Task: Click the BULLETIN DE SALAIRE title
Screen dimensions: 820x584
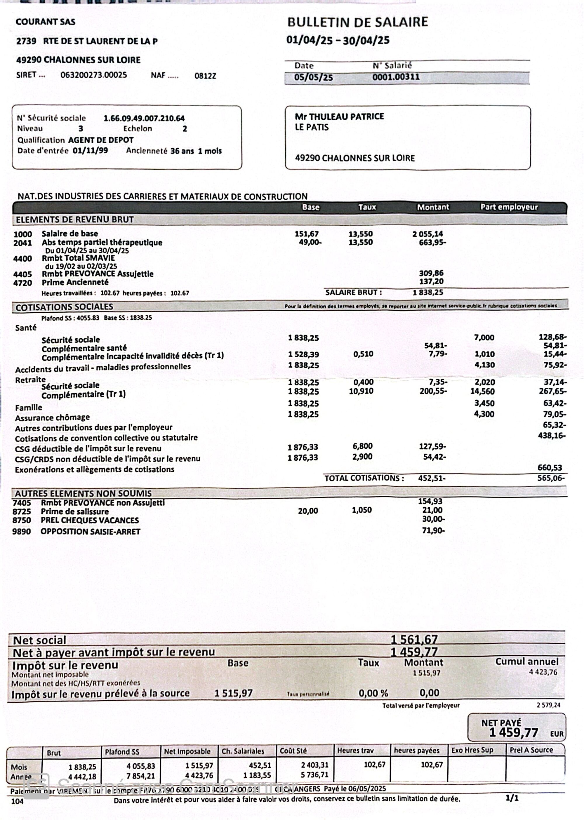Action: pyautogui.click(x=357, y=22)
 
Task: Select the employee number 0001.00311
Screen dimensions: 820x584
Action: pyautogui.click(x=396, y=77)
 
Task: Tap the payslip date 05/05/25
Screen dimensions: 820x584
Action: pyautogui.click(x=313, y=77)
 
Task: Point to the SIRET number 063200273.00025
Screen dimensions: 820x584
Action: pyautogui.click(x=93, y=75)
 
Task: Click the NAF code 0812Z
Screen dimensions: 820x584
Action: pyautogui.click(x=205, y=76)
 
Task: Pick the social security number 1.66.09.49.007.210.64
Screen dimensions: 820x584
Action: pyautogui.click(x=144, y=118)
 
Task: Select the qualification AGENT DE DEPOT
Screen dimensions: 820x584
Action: pyautogui.click(x=101, y=140)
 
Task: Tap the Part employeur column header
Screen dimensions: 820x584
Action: pyautogui.click(x=509, y=207)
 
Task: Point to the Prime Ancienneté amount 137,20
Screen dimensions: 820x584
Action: pyautogui.click(x=431, y=281)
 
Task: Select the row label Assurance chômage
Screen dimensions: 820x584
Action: pyautogui.click(x=53, y=418)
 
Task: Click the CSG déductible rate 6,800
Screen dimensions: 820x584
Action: pyautogui.click(x=362, y=446)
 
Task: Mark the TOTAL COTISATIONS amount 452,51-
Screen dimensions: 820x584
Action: pyautogui.click(x=432, y=478)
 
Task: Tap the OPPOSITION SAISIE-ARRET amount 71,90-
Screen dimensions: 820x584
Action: pyautogui.click(x=433, y=531)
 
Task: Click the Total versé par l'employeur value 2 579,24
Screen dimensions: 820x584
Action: pyautogui.click(x=548, y=705)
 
